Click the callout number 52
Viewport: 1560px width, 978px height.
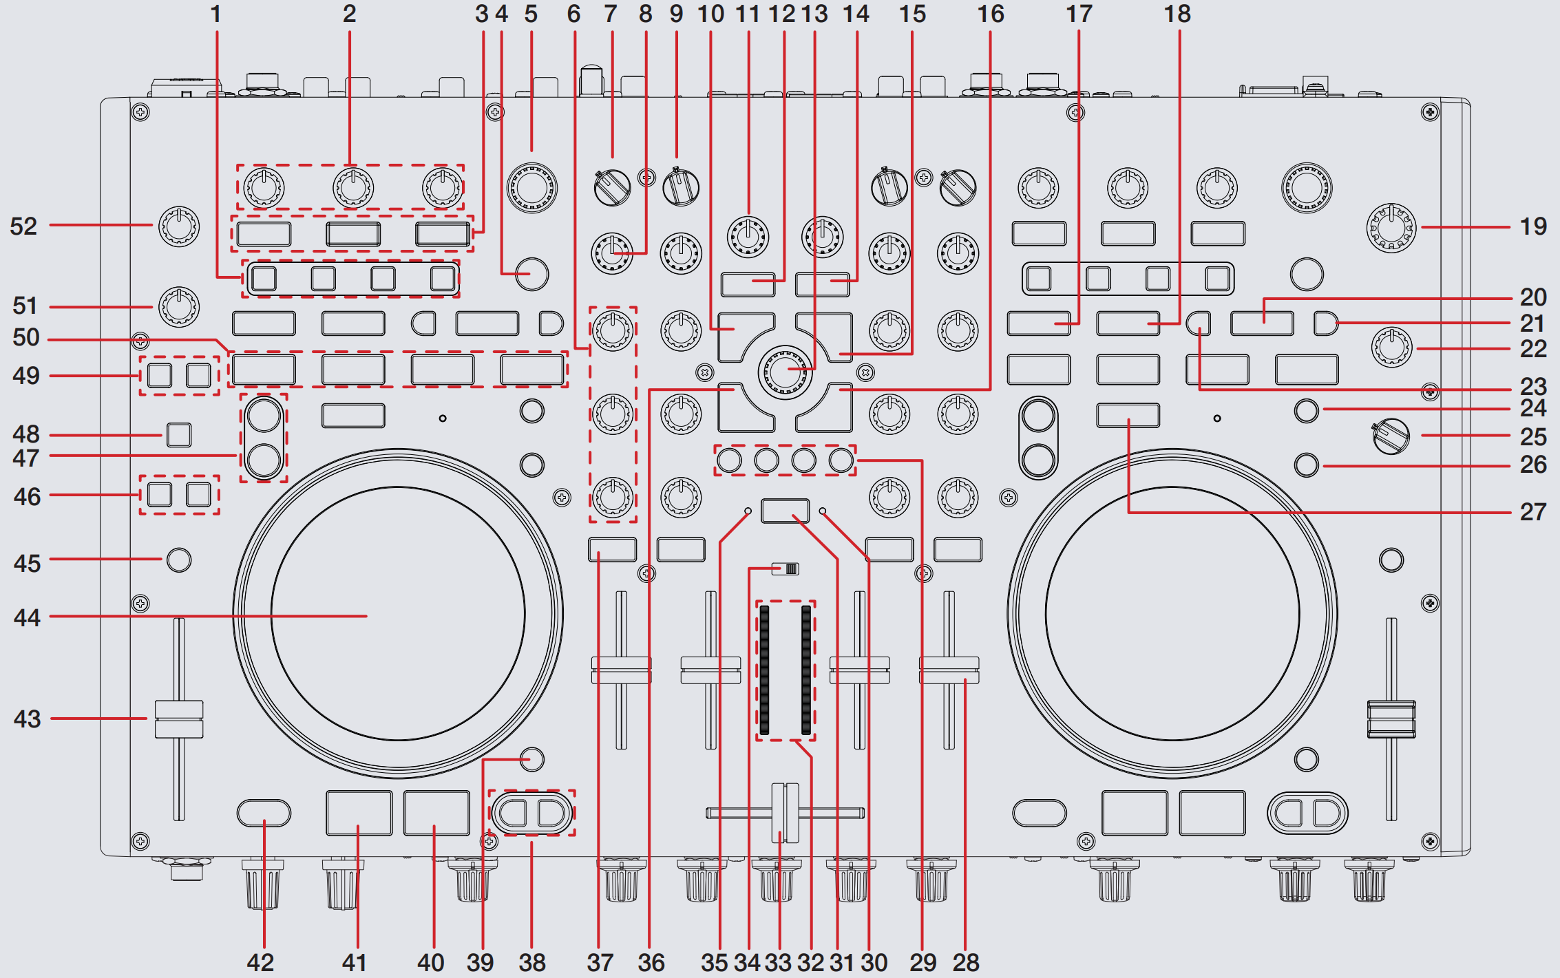[x=23, y=226]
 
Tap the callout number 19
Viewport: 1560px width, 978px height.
[x=1533, y=226]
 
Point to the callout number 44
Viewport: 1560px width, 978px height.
[x=27, y=617]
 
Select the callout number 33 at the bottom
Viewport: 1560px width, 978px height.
[x=778, y=962]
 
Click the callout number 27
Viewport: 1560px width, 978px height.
[x=1533, y=512]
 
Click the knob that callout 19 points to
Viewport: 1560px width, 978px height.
[x=1391, y=228]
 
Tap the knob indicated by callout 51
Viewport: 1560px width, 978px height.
[x=179, y=307]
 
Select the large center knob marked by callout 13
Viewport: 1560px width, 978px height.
[x=785, y=372]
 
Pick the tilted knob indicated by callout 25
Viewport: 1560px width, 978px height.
[x=1391, y=436]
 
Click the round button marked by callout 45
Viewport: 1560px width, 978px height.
[x=179, y=560]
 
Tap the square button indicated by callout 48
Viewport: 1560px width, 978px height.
[x=179, y=435]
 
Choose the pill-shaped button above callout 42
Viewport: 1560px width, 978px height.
[x=264, y=813]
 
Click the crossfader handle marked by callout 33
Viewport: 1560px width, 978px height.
[x=785, y=813]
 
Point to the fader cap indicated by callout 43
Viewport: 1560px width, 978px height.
[x=179, y=719]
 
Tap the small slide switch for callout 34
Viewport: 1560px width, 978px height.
[x=786, y=569]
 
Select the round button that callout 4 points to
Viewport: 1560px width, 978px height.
[x=531, y=274]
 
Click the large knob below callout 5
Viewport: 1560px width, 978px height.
[x=531, y=187]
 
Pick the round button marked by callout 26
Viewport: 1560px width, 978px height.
[x=1306, y=465]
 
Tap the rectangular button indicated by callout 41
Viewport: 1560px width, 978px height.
[x=359, y=813]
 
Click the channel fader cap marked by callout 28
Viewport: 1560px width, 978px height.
[x=949, y=670]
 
